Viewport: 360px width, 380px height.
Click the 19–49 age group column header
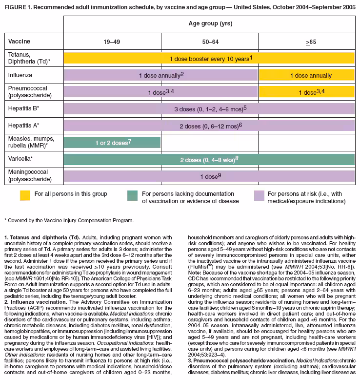click(x=112, y=42)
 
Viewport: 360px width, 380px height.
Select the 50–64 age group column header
click(x=208, y=42)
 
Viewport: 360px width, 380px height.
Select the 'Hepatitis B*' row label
click(x=23, y=108)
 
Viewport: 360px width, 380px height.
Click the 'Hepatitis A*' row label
click(x=23, y=126)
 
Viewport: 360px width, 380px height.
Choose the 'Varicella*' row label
click(x=20, y=159)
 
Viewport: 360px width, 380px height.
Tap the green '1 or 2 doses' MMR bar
click(x=112, y=142)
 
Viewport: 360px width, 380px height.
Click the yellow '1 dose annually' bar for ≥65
click(x=307, y=75)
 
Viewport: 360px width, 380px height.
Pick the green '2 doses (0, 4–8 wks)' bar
click(x=209, y=159)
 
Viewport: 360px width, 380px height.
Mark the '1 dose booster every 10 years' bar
click(x=209, y=58)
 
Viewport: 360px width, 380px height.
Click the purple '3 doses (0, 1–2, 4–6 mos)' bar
click(x=209, y=108)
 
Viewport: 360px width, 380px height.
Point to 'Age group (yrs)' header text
click(x=209, y=23)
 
